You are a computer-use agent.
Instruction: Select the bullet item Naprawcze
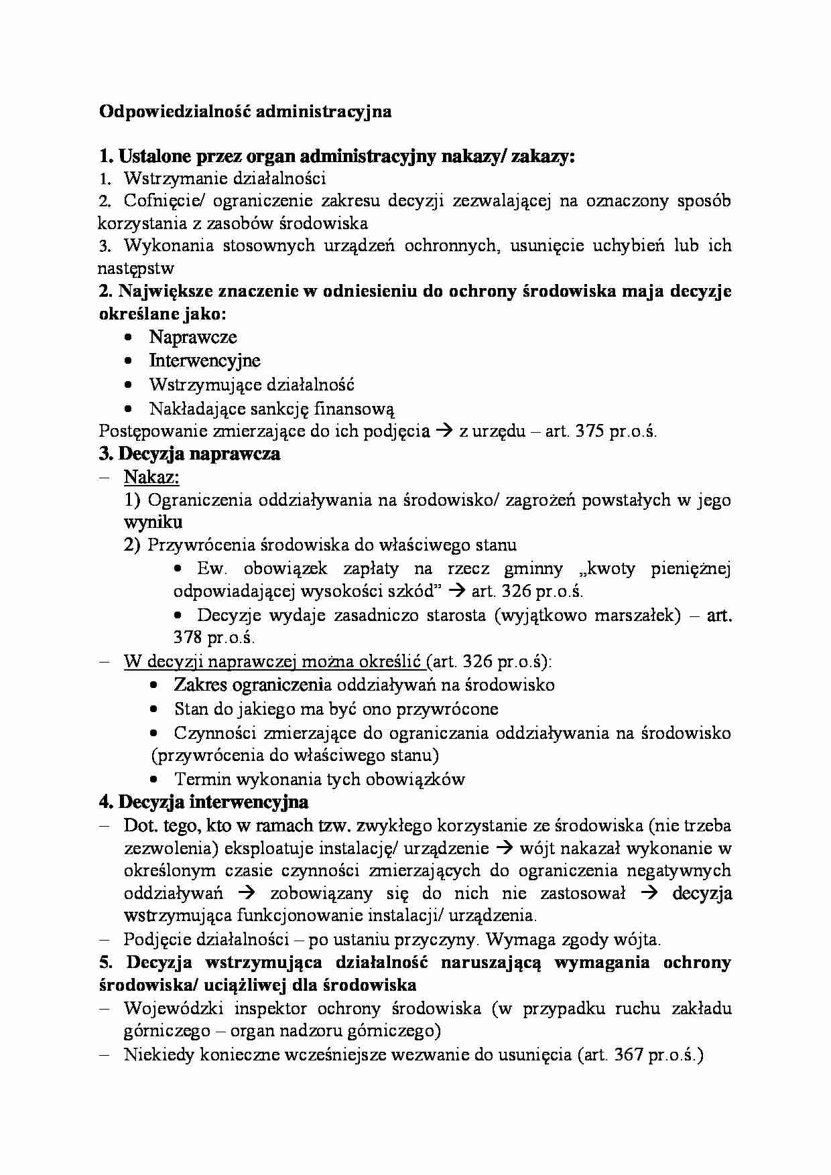tap(193, 337)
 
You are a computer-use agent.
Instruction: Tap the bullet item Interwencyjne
tap(204, 360)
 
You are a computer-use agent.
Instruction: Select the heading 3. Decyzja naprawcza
tap(189, 454)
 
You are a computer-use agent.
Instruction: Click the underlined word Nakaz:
tap(151, 478)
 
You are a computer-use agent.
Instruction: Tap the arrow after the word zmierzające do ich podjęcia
tap(444, 431)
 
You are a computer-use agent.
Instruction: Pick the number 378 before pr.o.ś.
tap(188, 637)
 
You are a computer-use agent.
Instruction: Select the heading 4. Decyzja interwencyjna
tap(203, 802)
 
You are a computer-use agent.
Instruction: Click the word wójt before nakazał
tap(537, 848)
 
